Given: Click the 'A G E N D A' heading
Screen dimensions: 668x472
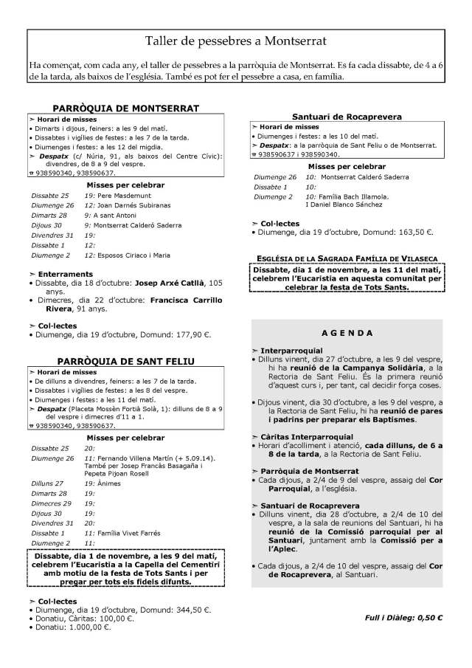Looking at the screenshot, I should (347, 333).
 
